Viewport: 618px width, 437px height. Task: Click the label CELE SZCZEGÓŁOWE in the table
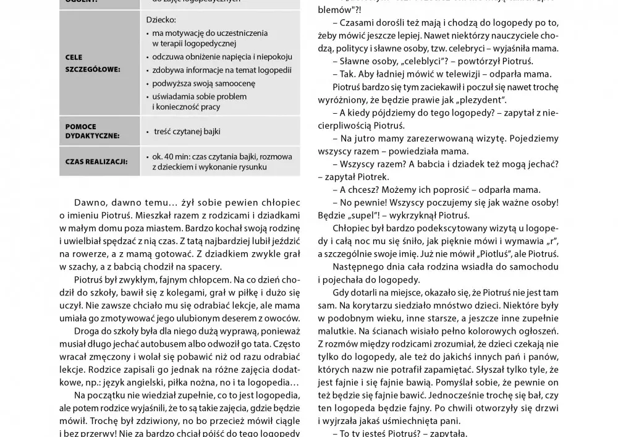point(93,63)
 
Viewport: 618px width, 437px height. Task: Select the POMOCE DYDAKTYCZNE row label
point(93,131)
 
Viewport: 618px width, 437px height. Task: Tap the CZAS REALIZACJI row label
point(96,162)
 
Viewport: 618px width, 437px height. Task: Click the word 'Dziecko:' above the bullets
point(161,19)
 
